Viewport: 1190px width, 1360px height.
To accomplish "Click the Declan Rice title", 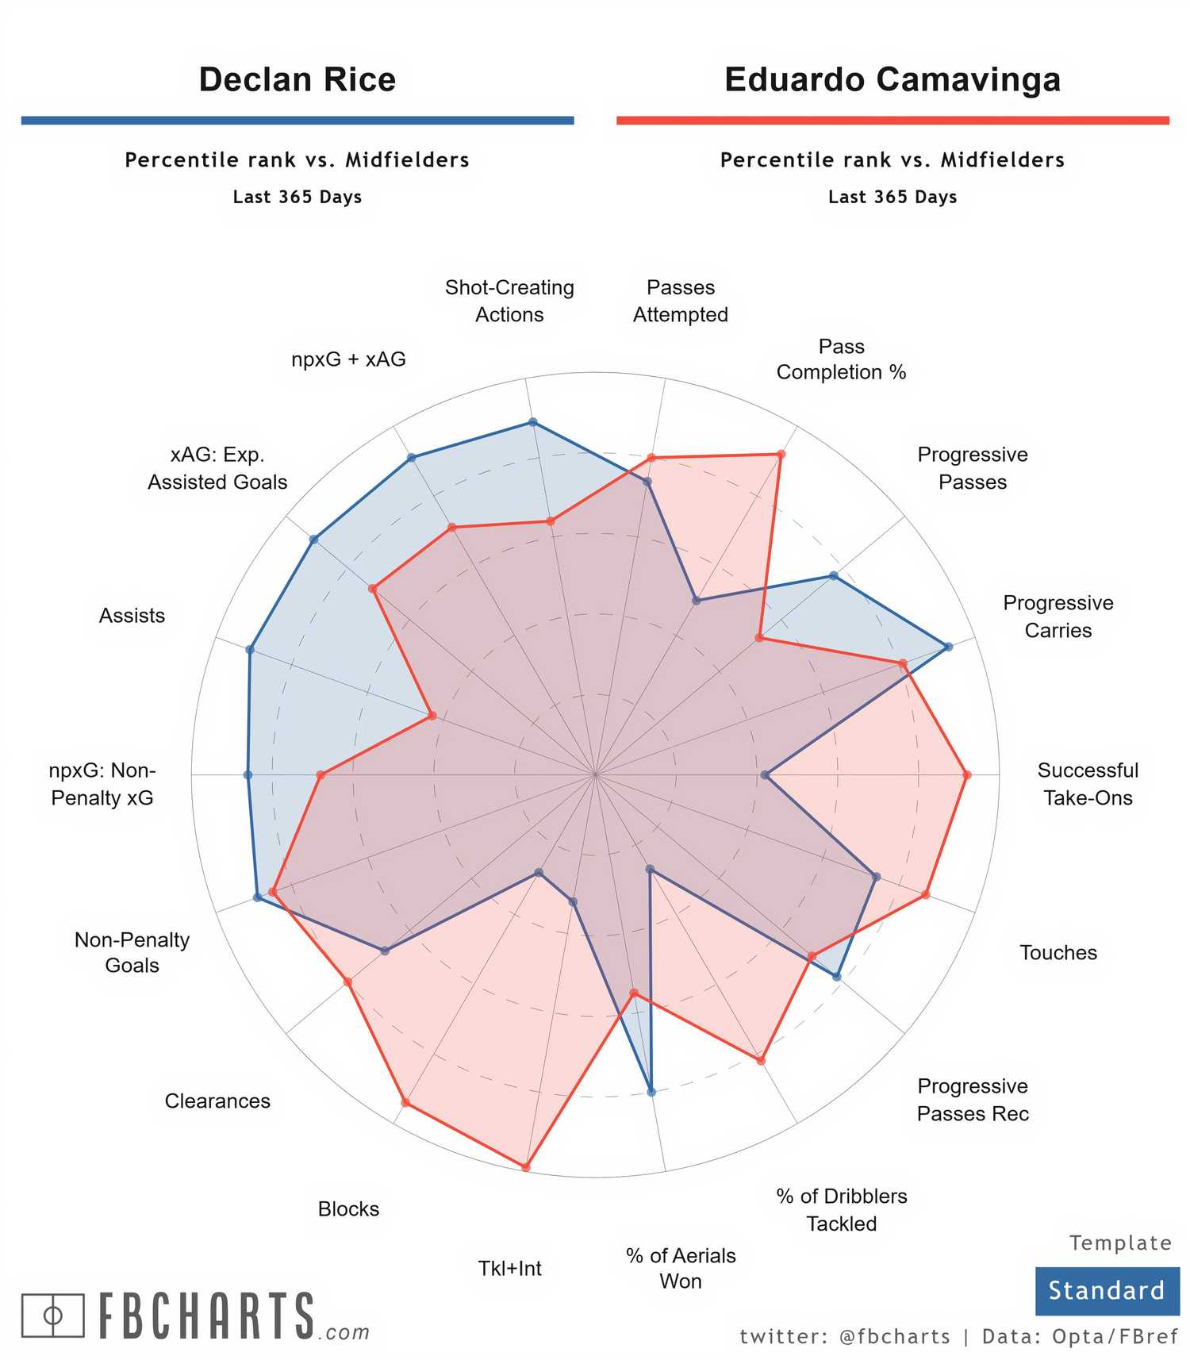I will [x=297, y=79].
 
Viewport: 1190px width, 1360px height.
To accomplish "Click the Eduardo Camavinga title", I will [x=892, y=79].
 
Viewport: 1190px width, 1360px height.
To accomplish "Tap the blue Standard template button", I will [x=1106, y=1290].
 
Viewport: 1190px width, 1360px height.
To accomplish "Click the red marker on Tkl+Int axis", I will [x=525, y=1166].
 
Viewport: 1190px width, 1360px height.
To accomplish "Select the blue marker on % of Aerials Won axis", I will [x=651, y=1092].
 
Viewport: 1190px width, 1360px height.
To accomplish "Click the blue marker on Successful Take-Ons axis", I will [x=765, y=775].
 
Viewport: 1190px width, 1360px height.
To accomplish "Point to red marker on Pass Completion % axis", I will [x=781, y=455].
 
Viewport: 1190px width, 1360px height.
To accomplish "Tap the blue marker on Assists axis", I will [x=250, y=650].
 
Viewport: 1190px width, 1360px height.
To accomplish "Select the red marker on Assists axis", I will [x=432, y=716].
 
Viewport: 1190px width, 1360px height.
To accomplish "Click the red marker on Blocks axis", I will [x=405, y=1102].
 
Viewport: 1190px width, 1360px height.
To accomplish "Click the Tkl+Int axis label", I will [x=509, y=1268].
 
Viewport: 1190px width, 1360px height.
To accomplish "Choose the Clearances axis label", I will [x=217, y=1101].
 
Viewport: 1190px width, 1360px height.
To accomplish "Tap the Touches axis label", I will [x=1058, y=952].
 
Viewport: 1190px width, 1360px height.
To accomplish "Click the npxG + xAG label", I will [x=348, y=359].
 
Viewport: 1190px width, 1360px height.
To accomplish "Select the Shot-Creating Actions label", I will [x=509, y=301].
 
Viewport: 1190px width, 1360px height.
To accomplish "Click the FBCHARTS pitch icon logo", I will [x=52, y=1315].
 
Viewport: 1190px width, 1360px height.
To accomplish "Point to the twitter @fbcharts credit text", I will [x=844, y=1336].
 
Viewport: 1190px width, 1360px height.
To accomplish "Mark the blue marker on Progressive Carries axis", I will [x=949, y=647].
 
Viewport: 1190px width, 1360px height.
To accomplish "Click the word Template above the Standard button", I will [x=1119, y=1243].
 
